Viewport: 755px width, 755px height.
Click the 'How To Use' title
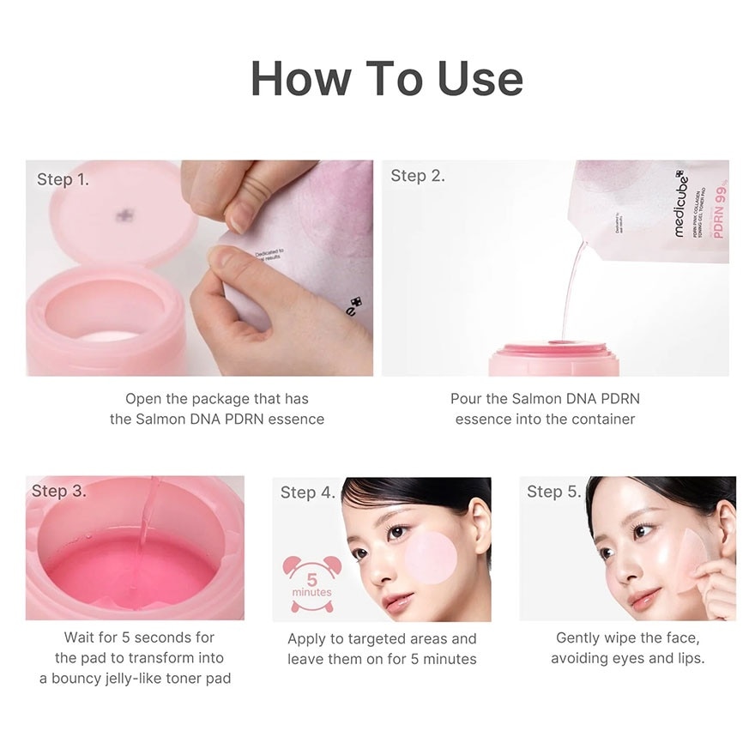coord(386,78)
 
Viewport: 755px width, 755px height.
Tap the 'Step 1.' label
coord(63,179)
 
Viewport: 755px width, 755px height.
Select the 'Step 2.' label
coord(418,176)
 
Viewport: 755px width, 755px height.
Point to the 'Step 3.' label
coord(58,491)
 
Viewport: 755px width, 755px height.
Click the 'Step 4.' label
coord(307,492)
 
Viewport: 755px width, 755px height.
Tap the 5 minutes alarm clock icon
coord(311,583)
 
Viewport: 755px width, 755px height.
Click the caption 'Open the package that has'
coord(216,398)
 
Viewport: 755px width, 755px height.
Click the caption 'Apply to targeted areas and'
coord(382,638)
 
